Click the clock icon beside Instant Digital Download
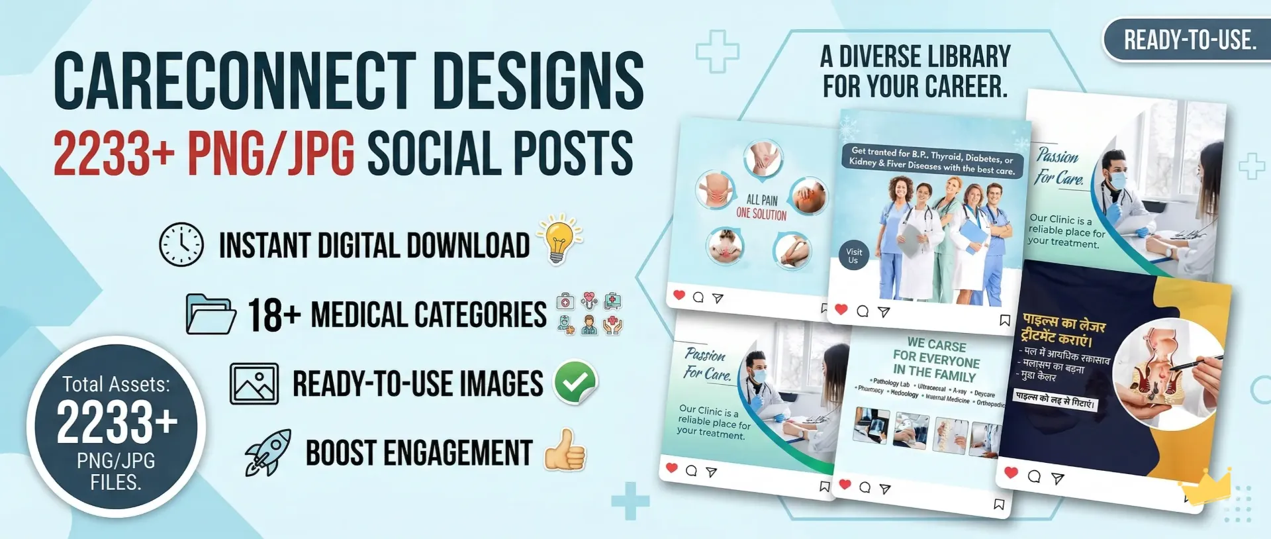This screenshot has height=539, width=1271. pyautogui.click(x=181, y=244)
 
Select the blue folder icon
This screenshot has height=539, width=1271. pyautogui.click(x=211, y=313)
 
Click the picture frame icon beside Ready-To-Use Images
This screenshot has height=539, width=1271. pyautogui.click(x=254, y=383)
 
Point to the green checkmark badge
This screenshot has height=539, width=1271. pyautogui.click(x=575, y=382)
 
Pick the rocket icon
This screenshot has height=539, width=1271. pyautogui.click(x=268, y=452)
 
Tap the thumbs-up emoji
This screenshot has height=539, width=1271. pyautogui.click(x=565, y=451)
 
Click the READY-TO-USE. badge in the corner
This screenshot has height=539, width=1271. pyautogui.click(x=1189, y=40)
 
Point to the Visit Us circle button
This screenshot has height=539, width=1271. pyautogui.click(x=854, y=256)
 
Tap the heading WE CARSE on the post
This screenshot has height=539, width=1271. pyautogui.click(x=937, y=345)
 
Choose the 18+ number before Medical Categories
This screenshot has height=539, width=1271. pyautogui.click(x=274, y=315)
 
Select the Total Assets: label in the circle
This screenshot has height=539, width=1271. pyautogui.click(x=116, y=384)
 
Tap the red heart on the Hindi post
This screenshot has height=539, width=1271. pyautogui.click(x=1011, y=472)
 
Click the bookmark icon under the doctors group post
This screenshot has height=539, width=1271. pyautogui.click(x=1004, y=320)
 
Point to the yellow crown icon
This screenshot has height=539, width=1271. pyautogui.click(x=1208, y=487)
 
